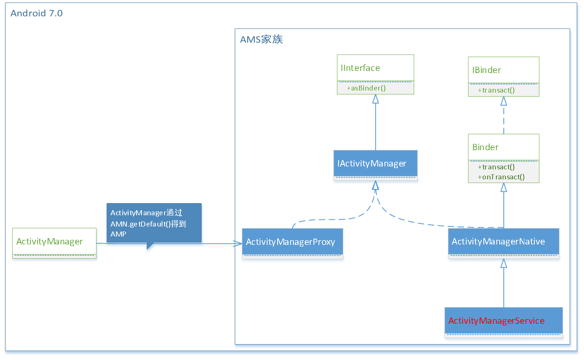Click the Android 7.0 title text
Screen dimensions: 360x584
(36, 13)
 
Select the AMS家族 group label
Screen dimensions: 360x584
(261, 40)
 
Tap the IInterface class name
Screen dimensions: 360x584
(360, 68)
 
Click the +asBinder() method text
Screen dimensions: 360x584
(366, 88)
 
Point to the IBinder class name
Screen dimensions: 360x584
(486, 70)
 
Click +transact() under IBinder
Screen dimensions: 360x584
(496, 90)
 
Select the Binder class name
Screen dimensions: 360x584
(485, 147)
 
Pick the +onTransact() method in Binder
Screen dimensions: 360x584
(501, 177)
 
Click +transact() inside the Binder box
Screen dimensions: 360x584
(496, 167)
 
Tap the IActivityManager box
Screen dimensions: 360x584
(375, 164)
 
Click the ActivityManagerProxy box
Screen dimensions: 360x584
(292, 242)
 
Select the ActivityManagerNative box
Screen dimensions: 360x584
(503, 242)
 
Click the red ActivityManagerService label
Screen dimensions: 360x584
(496, 320)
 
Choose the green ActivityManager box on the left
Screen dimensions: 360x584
(54, 242)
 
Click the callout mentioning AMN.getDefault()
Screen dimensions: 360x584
(154, 223)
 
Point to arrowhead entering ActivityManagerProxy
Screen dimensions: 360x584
(238, 244)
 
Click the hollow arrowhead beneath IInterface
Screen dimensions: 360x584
(375, 99)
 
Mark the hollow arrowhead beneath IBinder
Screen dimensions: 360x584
(503, 101)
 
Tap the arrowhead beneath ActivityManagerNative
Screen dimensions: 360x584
(503, 263)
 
